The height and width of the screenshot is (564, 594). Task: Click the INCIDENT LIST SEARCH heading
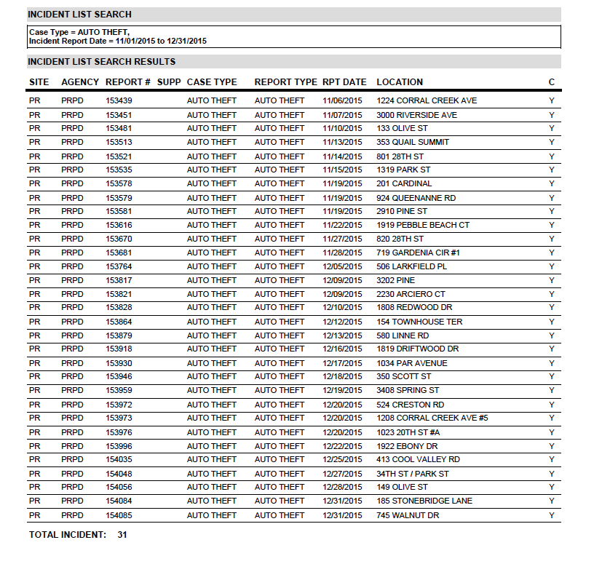[80, 14]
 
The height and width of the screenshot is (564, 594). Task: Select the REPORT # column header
[128, 82]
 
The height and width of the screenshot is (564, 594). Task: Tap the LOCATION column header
[400, 82]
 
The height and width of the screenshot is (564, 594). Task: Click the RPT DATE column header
[344, 82]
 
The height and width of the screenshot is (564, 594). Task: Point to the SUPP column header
[169, 82]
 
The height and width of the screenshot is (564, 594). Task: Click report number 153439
[119, 100]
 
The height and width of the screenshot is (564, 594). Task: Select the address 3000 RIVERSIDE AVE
[416, 115]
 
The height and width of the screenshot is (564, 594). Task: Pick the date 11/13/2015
[342, 142]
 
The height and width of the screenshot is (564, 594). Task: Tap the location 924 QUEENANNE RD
[416, 198]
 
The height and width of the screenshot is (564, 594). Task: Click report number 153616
[119, 225]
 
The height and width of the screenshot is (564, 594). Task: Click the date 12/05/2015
[342, 266]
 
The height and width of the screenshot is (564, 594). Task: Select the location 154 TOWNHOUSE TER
[419, 322]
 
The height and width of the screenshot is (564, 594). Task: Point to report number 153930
[119, 363]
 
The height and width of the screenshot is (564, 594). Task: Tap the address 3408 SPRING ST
[408, 391]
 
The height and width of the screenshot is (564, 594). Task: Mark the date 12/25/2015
[342, 459]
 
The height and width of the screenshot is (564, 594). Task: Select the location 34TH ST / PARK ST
[413, 474]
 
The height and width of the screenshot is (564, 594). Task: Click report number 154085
[119, 515]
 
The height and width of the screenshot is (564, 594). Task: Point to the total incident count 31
[122, 535]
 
